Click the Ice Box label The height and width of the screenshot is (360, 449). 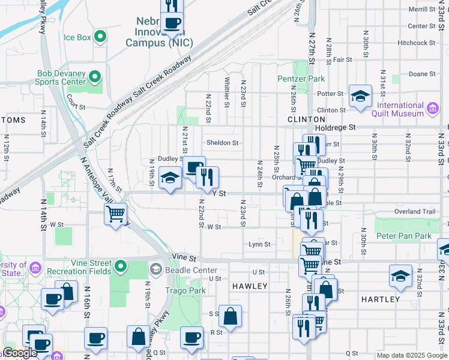pos(77,37)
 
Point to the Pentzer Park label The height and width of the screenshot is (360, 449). pos(301,79)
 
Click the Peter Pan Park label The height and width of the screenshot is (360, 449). pos(403,236)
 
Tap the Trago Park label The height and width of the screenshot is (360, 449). pos(185,290)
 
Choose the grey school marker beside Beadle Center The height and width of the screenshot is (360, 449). pos(157,270)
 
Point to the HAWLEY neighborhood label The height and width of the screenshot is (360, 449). pos(250,286)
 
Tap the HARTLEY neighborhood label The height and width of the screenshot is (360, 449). pos(381,299)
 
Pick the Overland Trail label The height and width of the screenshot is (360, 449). pos(414,212)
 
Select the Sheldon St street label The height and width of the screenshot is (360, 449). pos(223,143)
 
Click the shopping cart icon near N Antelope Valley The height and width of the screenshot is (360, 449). pos(115,214)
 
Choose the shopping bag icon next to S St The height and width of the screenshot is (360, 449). pos(230,315)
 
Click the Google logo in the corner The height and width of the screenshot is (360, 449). pos(20,353)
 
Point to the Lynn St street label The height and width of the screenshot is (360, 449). pos(259,244)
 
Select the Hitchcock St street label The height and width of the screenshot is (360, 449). pos(416,43)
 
